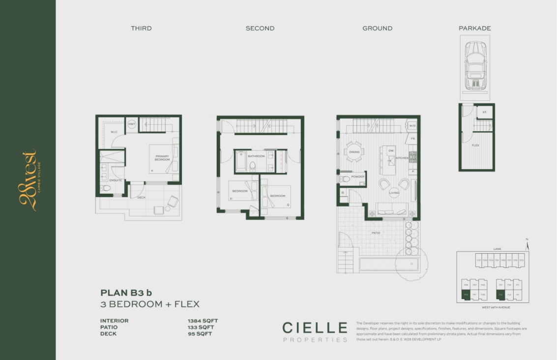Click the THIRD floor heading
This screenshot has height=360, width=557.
[141, 29]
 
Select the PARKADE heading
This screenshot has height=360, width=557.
[474, 29]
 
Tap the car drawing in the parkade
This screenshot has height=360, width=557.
[475, 66]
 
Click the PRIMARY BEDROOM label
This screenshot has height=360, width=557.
[162, 158]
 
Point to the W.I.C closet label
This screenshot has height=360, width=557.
[114, 132]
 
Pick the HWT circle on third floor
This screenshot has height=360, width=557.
[132, 124]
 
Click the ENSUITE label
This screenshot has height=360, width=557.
[116, 180]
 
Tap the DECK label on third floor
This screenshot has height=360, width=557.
[141, 198]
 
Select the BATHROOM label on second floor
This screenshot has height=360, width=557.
[256, 156]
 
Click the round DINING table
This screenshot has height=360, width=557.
[354, 152]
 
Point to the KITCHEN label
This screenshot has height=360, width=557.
[402, 158]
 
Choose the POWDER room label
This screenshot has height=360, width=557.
[357, 177]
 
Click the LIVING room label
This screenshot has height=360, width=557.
[394, 193]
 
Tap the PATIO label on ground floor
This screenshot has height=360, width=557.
[376, 233]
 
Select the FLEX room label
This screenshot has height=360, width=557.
[475, 146]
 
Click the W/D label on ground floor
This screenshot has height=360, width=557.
[412, 126]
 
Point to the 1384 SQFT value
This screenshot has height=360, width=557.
[200, 321]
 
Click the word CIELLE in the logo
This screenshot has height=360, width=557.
[315, 328]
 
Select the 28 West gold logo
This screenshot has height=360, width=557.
[29, 180]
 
